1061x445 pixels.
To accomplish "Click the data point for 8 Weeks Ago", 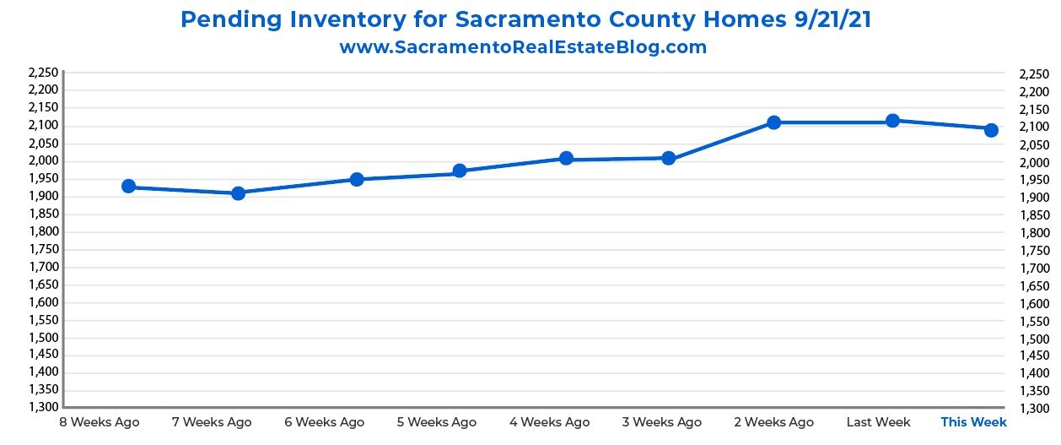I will click(x=129, y=187).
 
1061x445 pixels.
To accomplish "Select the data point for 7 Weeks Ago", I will click(x=239, y=193).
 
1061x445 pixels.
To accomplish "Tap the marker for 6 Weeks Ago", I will click(x=357, y=179).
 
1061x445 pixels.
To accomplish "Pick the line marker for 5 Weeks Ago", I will click(x=460, y=171).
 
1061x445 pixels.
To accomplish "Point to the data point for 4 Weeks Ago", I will click(x=566, y=158).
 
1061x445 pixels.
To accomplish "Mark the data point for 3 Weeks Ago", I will click(x=669, y=158).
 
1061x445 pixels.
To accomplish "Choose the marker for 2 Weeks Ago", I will click(x=774, y=122).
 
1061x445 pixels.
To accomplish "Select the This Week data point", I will click(x=992, y=130).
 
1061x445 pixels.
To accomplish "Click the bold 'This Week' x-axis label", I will click(x=973, y=421).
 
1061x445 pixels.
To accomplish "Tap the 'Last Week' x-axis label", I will click(x=878, y=421).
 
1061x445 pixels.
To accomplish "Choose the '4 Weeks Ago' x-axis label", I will click(x=549, y=421).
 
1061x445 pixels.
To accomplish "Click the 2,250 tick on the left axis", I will click(x=43, y=73).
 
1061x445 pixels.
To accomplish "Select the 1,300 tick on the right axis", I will click(x=1034, y=409).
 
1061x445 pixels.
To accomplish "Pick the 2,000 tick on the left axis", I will click(x=43, y=161).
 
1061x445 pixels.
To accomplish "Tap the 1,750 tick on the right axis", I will click(x=1034, y=250).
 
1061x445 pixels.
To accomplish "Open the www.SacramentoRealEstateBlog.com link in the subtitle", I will click(x=523, y=47).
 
